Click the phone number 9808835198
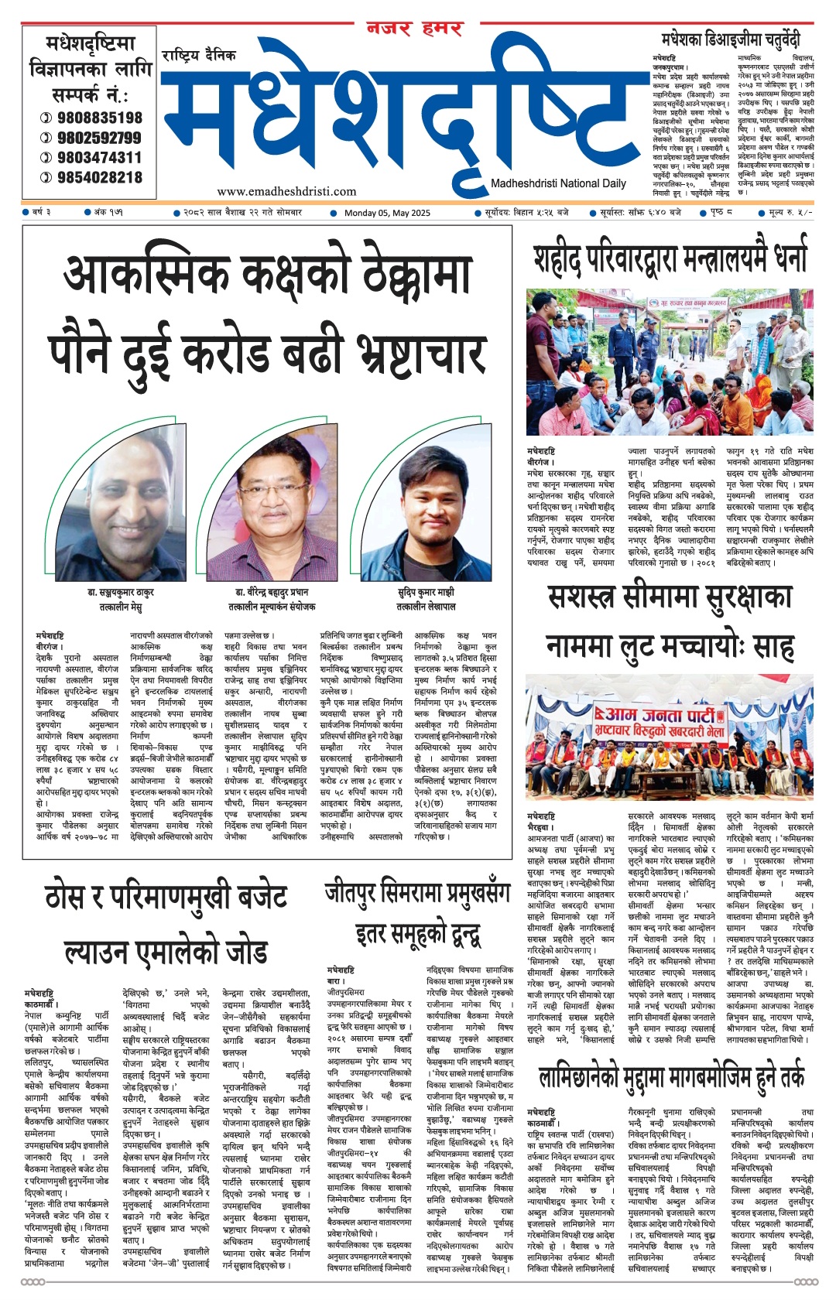coord(99,118)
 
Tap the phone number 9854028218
coord(99,177)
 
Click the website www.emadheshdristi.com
coord(286,191)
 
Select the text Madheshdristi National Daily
coord(558,183)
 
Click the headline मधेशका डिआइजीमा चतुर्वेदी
coord(731,39)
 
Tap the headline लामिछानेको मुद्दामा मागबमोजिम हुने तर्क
coord(670,1078)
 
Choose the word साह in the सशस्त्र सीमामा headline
coord(773,645)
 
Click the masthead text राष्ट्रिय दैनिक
coord(199,56)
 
